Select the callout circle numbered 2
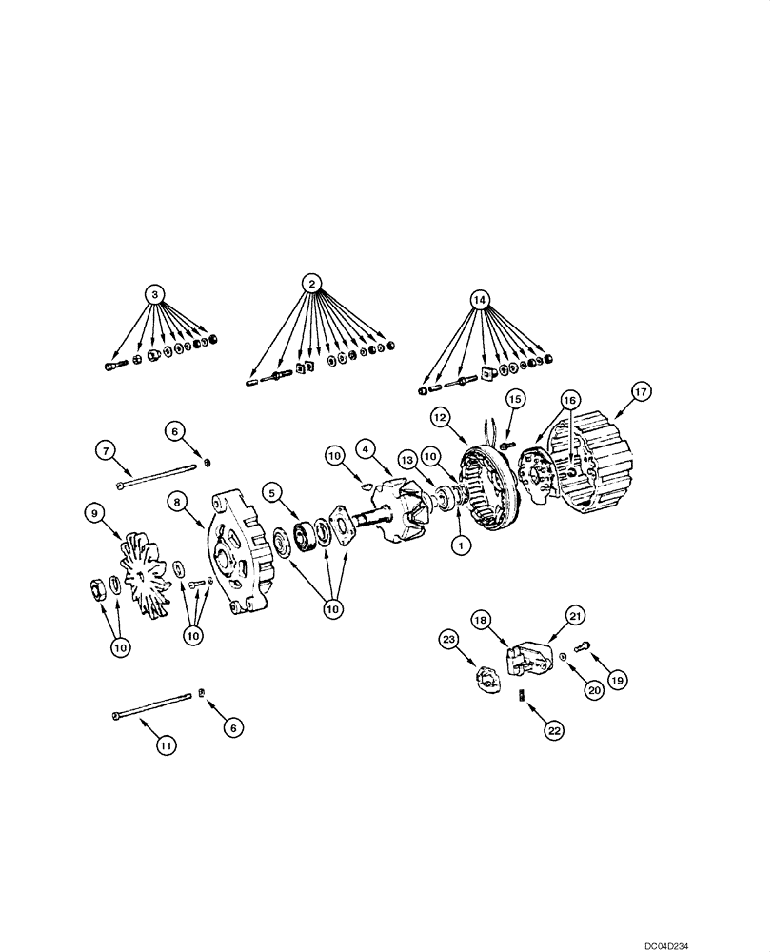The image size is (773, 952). [310, 282]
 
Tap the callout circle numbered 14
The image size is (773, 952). [480, 299]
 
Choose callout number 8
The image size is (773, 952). [176, 500]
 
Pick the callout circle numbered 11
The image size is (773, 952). [166, 745]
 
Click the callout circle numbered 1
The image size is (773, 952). [460, 546]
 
